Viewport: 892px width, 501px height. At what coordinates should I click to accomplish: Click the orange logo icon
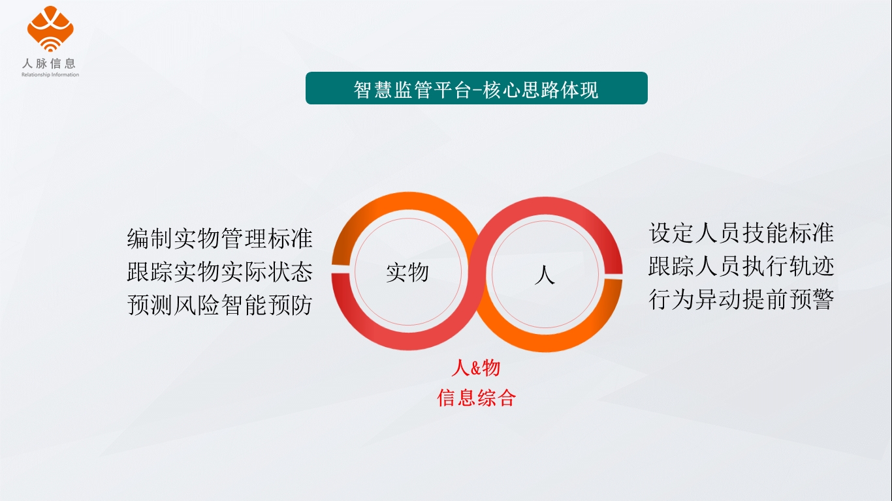point(50,29)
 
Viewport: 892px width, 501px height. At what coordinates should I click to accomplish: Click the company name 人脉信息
point(50,63)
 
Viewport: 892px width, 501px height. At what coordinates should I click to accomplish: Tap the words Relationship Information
point(50,75)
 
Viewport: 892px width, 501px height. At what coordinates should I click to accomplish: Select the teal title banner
point(476,88)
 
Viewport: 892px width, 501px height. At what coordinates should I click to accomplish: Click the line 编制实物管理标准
point(220,239)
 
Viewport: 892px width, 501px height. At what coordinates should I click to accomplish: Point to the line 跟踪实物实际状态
point(220,272)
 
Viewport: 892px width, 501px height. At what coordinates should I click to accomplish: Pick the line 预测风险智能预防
point(220,305)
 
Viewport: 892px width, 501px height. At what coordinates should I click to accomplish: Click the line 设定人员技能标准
point(741,233)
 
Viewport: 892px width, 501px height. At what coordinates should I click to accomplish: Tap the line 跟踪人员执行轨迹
point(741,266)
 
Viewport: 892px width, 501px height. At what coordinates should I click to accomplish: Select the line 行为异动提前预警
point(741,299)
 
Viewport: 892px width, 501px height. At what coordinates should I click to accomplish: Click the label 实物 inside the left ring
point(407,273)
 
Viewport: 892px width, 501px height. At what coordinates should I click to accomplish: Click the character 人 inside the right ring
point(545,275)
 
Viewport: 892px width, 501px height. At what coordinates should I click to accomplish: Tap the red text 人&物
point(476,367)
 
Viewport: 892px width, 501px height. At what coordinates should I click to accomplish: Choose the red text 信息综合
point(476,397)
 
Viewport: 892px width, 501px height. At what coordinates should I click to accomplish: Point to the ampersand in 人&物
point(476,369)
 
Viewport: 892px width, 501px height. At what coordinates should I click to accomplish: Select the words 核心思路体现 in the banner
point(541,89)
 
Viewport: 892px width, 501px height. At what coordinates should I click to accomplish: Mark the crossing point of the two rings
point(477,272)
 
